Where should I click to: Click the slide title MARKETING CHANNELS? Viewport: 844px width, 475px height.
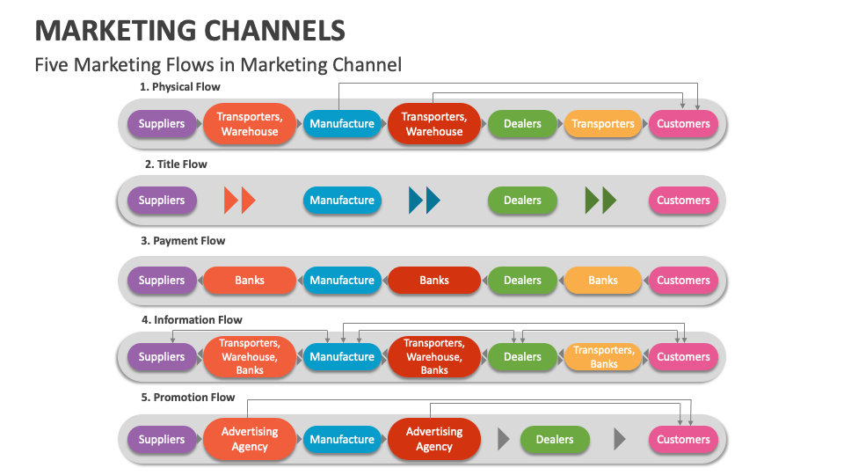pyautogui.click(x=190, y=30)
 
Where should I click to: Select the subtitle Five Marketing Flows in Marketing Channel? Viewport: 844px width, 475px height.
pyautogui.click(x=218, y=64)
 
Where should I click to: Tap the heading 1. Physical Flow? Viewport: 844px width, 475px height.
pyautogui.click(x=180, y=87)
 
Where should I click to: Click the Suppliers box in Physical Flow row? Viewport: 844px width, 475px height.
pyautogui.click(x=162, y=124)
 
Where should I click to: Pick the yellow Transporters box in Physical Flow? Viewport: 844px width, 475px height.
pyautogui.click(x=603, y=124)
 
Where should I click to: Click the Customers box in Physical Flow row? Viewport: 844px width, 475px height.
pyautogui.click(x=683, y=124)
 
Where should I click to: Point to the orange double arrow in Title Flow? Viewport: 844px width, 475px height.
pyautogui.click(x=239, y=201)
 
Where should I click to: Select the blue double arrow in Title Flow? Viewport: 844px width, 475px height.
pyautogui.click(x=424, y=201)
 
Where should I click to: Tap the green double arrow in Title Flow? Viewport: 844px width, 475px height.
pyautogui.click(x=600, y=201)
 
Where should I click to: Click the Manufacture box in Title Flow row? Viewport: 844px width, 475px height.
pyautogui.click(x=342, y=201)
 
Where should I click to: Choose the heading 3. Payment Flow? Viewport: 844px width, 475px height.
pyautogui.click(x=183, y=241)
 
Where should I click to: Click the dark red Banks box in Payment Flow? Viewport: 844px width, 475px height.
pyautogui.click(x=434, y=281)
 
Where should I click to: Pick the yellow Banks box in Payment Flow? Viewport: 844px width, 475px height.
pyautogui.click(x=603, y=281)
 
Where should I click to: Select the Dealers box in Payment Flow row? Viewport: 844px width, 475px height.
pyautogui.click(x=522, y=281)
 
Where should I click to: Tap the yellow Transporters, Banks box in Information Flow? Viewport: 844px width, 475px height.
pyautogui.click(x=603, y=357)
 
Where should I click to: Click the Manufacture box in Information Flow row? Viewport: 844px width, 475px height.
pyautogui.click(x=342, y=357)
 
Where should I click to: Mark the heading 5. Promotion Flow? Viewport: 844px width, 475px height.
pyautogui.click(x=188, y=398)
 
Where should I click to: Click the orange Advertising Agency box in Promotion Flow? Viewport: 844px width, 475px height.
pyautogui.click(x=250, y=440)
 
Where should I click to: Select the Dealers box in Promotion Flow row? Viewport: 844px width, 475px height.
pyautogui.click(x=555, y=440)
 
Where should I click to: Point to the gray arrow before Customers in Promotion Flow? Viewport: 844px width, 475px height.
pyautogui.click(x=620, y=439)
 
